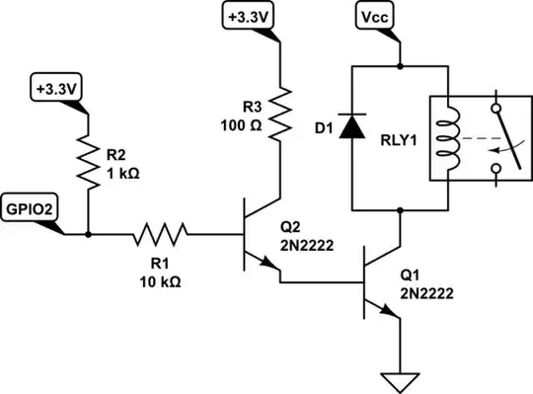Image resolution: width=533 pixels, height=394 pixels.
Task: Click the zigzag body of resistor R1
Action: pyautogui.click(x=158, y=235)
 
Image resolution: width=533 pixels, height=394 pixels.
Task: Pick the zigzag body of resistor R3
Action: pyautogui.click(x=282, y=111)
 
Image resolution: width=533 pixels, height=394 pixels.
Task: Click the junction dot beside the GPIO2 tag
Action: pyautogui.click(x=89, y=235)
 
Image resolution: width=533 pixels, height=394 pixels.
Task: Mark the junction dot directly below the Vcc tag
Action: pyautogui.click(x=401, y=66)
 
